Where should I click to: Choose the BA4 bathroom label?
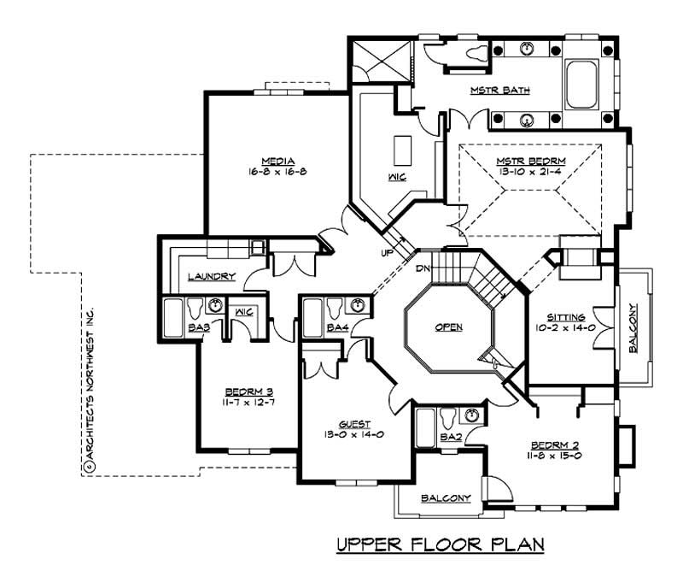337,327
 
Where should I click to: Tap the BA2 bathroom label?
427,437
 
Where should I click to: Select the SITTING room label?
568,315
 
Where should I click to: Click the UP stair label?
387,253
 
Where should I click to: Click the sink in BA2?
470,415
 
